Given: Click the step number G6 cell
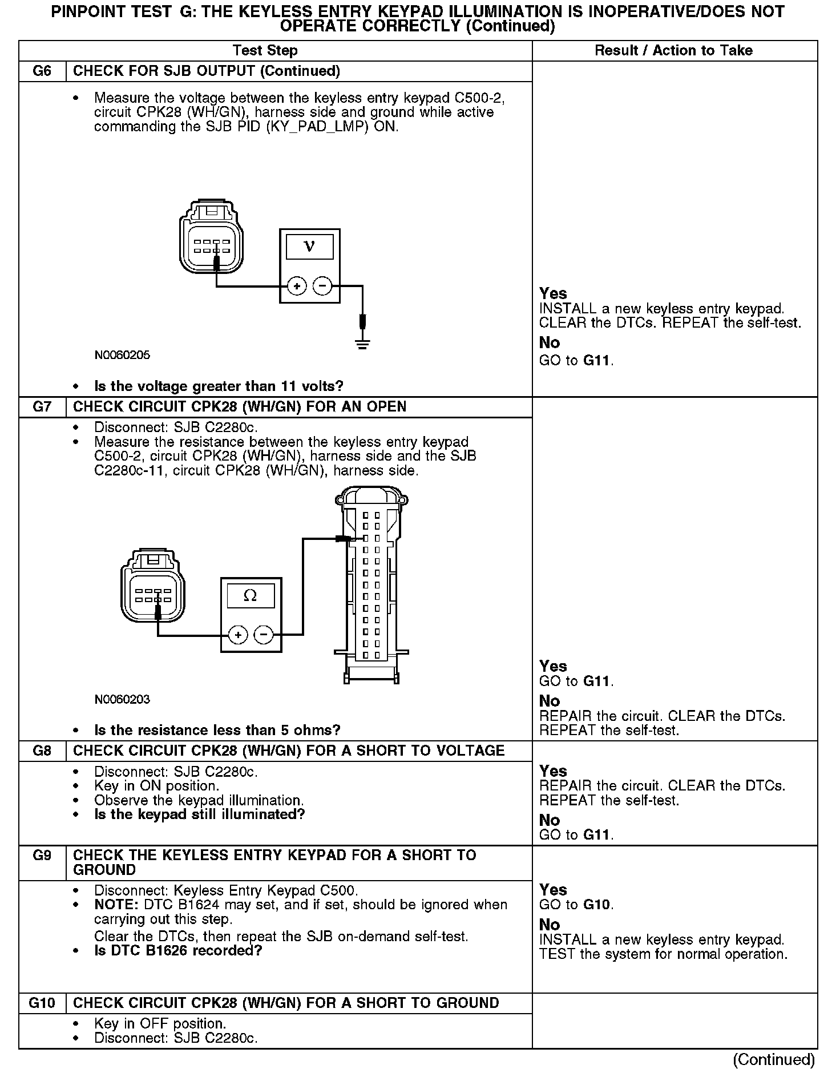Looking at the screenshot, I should pyautogui.click(x=42, y=71).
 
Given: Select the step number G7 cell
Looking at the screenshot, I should pyautogui.click(x=42, y=407).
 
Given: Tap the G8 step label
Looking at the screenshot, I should pyautogui.click(x=42, y=751).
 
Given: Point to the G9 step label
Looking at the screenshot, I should pyautogui.click(x=42, y=856).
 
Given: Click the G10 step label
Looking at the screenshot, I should pyautogui.click(x=42, y=1003).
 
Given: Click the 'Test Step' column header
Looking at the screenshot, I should pyautogui.click(x=265, y=51).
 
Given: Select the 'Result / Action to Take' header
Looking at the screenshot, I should pyautogui.click(x=673, y=51).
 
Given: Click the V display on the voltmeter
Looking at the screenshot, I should pyautogui.click(x=309, y=247).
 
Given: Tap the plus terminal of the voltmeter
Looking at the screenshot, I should pyautogui.click(x=297, y=285).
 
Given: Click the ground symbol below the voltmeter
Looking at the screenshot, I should pyautogui.click(x=362, y=343).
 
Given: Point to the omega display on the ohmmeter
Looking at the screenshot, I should pyautogui.click(x=251, y=596).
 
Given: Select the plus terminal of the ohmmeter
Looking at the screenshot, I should pyautogui.click(x=238, y=635).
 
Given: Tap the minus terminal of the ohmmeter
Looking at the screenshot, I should pyautogui.click(x=264, y=635).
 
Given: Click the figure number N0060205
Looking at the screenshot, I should pyautogui.click(x=122, y=355).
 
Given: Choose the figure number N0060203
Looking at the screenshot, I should pyautogui.click(x=122, y=699).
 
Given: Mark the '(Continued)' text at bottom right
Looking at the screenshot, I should pyautogui.click(x=774, y=1059).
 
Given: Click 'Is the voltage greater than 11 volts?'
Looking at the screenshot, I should pyautogui.click(x=219, y=386).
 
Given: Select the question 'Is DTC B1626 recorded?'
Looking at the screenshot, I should pyautogui.click(x=178, y=951).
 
